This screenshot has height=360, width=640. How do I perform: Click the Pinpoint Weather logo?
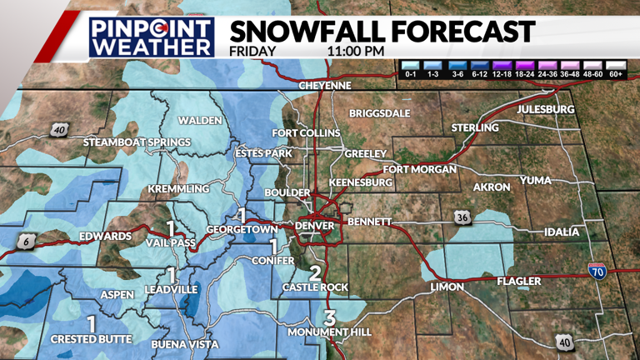point(152,37)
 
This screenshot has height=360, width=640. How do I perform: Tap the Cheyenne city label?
point(325,86)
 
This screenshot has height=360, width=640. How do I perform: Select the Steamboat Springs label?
point(137,142)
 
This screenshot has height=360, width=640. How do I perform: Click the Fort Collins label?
point(306,133)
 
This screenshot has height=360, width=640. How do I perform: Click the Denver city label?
point(316,225)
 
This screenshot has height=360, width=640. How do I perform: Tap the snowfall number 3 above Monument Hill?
point(330,317)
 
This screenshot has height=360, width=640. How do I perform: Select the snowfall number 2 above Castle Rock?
point(315,272)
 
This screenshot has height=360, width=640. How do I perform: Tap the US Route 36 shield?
point(464,218)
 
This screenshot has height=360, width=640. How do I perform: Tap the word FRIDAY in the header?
point(253,51)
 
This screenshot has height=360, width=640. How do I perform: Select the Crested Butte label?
point(91,339)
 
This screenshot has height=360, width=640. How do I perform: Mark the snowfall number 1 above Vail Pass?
point(170,227)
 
